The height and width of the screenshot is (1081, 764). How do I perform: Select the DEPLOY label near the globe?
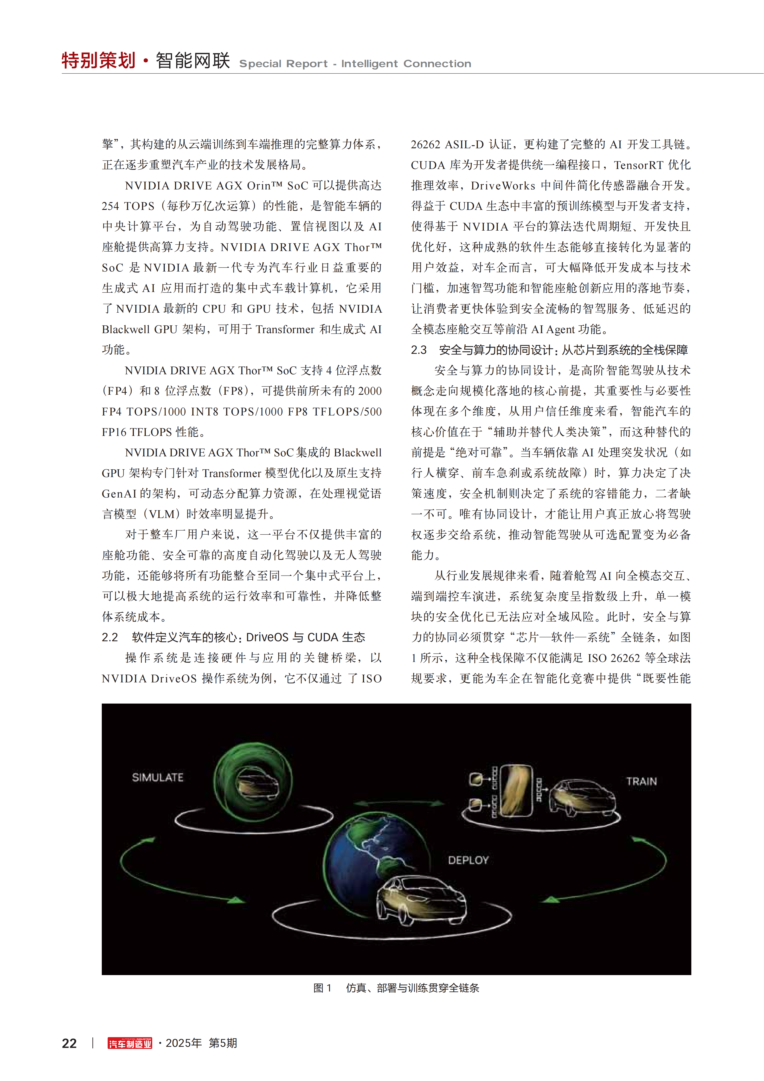(468, 860)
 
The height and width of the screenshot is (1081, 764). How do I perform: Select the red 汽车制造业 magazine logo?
(130, 1043)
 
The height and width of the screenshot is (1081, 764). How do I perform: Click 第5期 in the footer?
(223, 1043)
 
